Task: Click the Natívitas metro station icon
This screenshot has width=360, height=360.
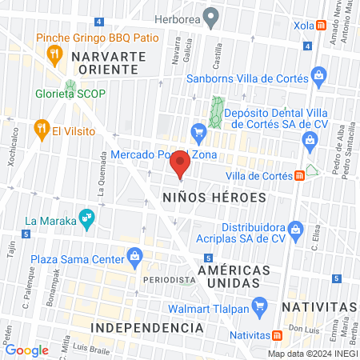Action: pyautogui.click(x=277, y=335)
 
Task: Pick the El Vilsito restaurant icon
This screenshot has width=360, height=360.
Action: pyautogui.click(x=39, y=129)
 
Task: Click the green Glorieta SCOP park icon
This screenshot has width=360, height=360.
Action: pyautogui.click(x=70, y=86)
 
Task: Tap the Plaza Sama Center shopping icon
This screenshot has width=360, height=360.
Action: pyautogui.click(x=135, y=256)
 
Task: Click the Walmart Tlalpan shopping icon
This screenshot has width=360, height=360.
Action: pyautogui.click(x=258, y=305)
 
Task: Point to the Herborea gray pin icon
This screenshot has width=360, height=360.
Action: pyautogui.click(x=210, y=16)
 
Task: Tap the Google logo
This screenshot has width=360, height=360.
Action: pyautogui.click(x=27, y=350)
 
